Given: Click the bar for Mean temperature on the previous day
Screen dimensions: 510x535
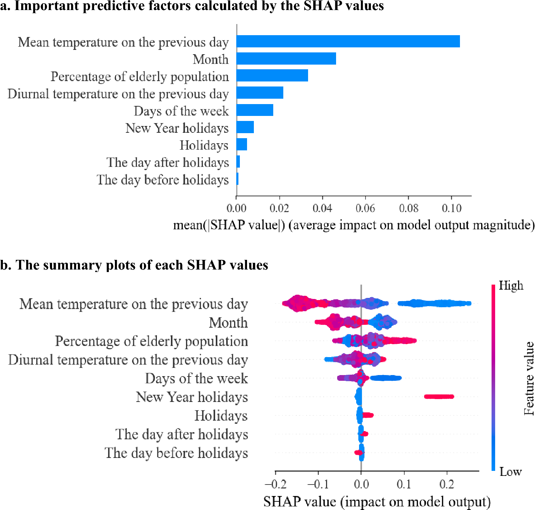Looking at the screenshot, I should pos(348,42).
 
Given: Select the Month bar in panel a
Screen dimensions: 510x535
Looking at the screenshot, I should pos(286,59).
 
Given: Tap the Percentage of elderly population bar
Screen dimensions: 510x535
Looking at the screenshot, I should pos(272,76).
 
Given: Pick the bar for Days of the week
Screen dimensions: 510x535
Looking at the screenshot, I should pos(255,110).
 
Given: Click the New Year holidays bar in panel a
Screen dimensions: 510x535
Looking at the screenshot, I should pos(245,127).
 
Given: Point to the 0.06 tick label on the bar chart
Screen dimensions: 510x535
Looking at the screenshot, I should pos(365,209).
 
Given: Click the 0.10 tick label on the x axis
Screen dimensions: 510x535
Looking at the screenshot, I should pos(451,209).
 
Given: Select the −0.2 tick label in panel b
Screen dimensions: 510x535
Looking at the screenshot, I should pos(275,485).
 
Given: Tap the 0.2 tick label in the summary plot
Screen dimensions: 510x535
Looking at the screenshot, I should pos(447,485).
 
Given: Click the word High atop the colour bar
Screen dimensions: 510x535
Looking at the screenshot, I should pos(511,286).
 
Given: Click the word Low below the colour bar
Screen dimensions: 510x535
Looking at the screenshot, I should pos(510,472).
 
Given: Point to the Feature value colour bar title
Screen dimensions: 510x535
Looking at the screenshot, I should pos(529,379).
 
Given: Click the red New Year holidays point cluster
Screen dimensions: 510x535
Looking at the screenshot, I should pos(439,397).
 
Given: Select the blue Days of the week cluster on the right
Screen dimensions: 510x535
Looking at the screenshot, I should pos(386,378).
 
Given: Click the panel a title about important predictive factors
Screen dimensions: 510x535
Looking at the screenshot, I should pos(192,6).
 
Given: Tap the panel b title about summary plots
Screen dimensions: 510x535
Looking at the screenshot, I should pos(134,265).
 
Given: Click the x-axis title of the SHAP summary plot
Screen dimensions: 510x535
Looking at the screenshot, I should pos(377,502).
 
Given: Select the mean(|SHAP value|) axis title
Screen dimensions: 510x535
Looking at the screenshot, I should pos(354,225).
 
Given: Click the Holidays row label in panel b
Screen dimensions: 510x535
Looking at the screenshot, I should pos(221,416).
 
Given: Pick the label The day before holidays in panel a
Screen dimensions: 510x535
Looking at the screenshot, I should pos(162,179).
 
